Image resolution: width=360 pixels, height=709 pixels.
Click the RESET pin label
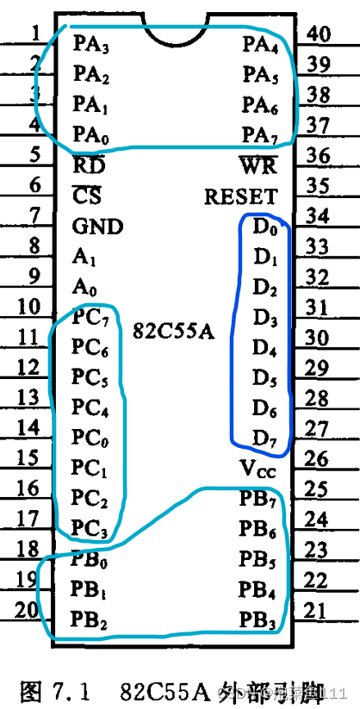click(240, 196)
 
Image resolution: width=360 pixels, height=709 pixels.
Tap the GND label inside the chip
click(97, 227)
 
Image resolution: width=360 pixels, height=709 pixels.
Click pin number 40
click(320, 34)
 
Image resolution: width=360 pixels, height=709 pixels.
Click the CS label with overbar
click(87, 196)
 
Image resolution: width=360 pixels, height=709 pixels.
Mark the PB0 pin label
click(90, 561)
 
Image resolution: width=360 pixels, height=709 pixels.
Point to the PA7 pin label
click(258, 134)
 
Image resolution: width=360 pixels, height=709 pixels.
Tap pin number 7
click(34, 215)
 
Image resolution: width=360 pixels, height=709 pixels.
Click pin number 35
click(318, 185)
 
